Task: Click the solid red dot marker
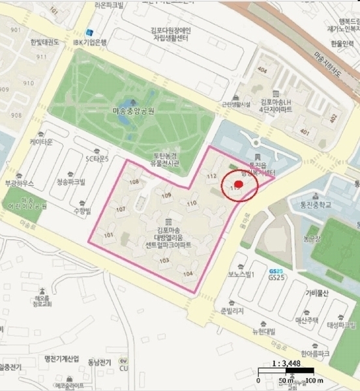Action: click(x=238, y=184)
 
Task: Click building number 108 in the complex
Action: click(x=134, y=183)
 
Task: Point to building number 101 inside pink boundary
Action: click(x=109, y=235)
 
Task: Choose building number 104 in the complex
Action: click(x=188, y=274)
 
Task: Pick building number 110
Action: click(x=191, y=203)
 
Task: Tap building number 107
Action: click(x=120, y=209)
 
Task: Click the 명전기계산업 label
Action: click(x=57, y=359)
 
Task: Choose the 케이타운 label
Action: click(x=40, y=141)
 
